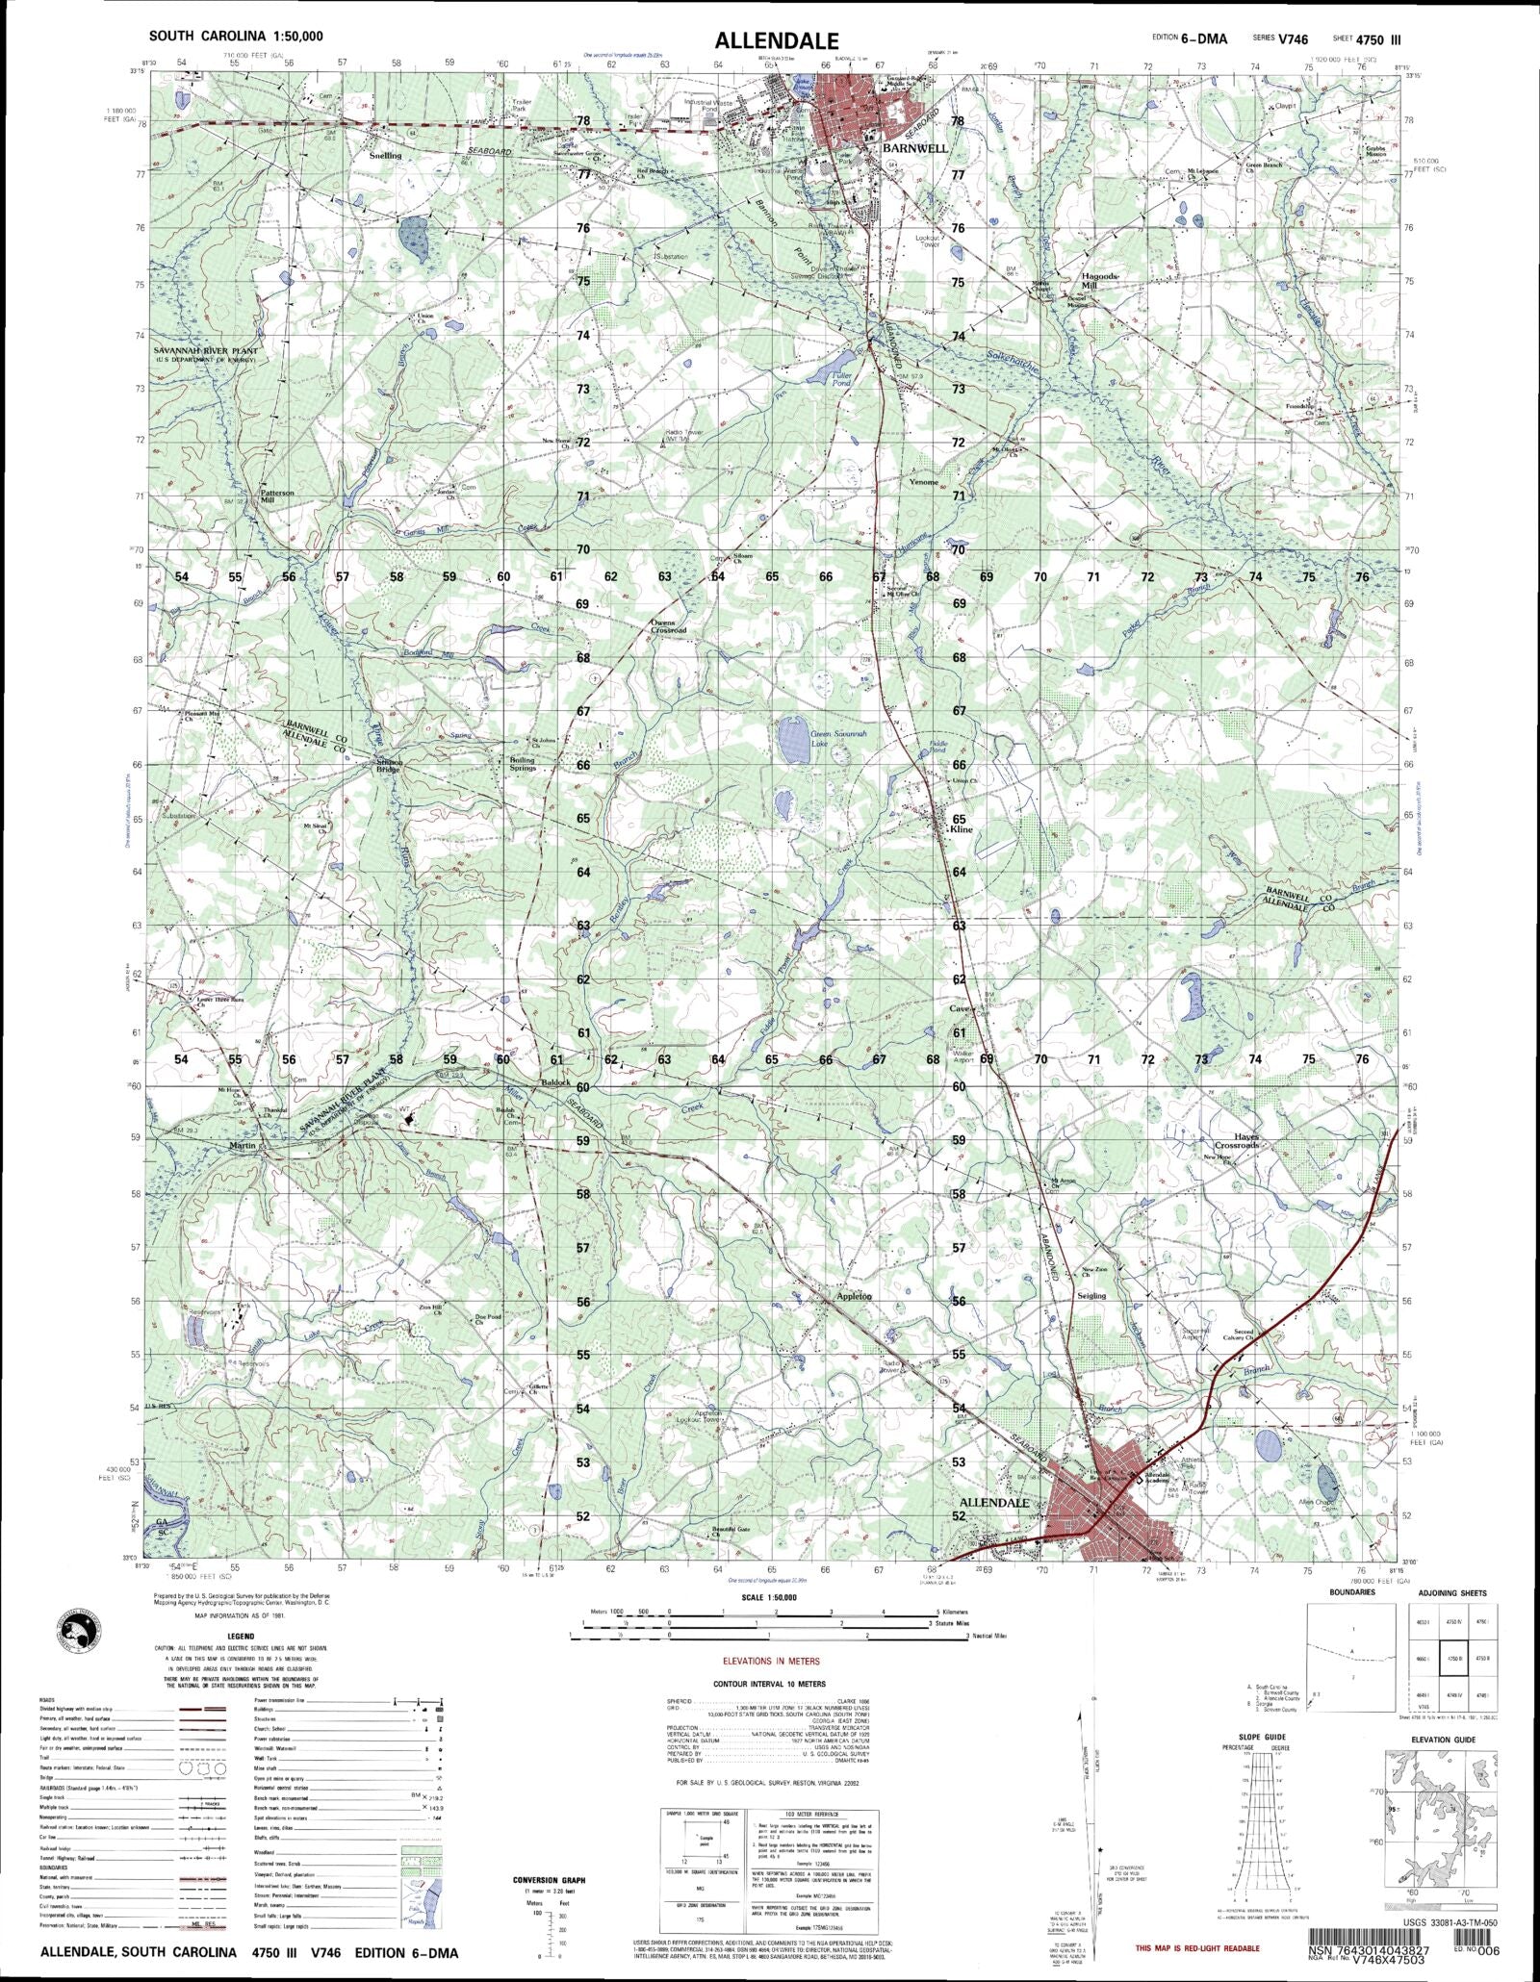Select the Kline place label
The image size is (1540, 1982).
[962, 828]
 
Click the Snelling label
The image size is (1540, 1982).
[385, 155]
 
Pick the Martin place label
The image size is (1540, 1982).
[243, 1145]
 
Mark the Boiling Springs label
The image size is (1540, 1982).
[523, 764]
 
